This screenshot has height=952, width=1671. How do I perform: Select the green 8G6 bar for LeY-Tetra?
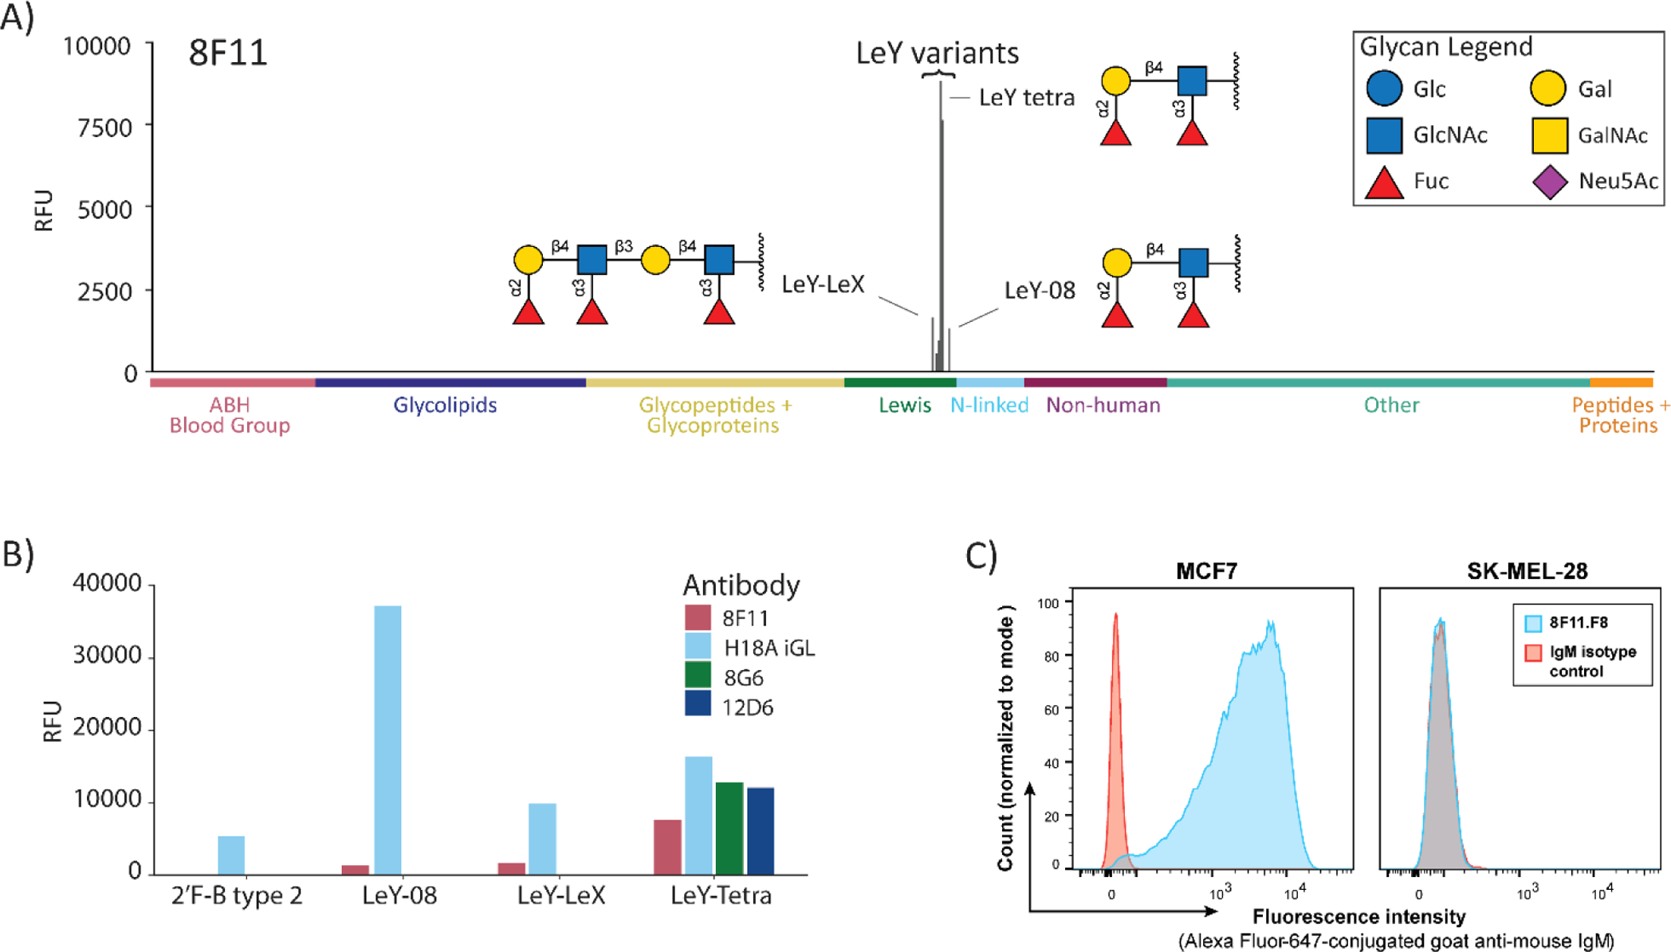(729, 829)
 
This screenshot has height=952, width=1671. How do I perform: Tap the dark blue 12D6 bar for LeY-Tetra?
(761, 831)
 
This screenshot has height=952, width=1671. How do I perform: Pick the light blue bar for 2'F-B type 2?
(231, 855)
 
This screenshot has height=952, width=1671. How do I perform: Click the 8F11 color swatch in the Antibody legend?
(698, 617)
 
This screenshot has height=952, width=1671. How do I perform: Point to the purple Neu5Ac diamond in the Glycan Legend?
(1550, 182)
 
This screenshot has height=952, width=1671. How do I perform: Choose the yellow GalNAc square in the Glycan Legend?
(1550, 135)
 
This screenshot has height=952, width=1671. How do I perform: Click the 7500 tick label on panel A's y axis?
(104, 127)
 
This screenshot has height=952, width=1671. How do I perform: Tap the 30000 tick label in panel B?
(107, 656)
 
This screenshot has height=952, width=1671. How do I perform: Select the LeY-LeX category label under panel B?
(561, 895)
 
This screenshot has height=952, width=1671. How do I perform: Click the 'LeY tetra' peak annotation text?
(1027, 98)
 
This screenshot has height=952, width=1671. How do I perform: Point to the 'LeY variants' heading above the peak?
(938, 53)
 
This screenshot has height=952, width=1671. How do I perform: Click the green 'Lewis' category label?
(905, 405)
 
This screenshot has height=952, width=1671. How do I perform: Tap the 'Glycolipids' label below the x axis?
(445, 405)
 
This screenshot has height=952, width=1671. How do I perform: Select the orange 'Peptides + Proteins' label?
(1618, 415)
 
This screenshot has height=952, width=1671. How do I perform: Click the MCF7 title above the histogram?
(1206, 571)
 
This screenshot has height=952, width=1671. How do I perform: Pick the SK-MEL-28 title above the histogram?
(1527, 571)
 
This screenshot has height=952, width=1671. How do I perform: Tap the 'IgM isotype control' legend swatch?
(1533, 653)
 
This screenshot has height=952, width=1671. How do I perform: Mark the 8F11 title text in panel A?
(228, 53)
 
